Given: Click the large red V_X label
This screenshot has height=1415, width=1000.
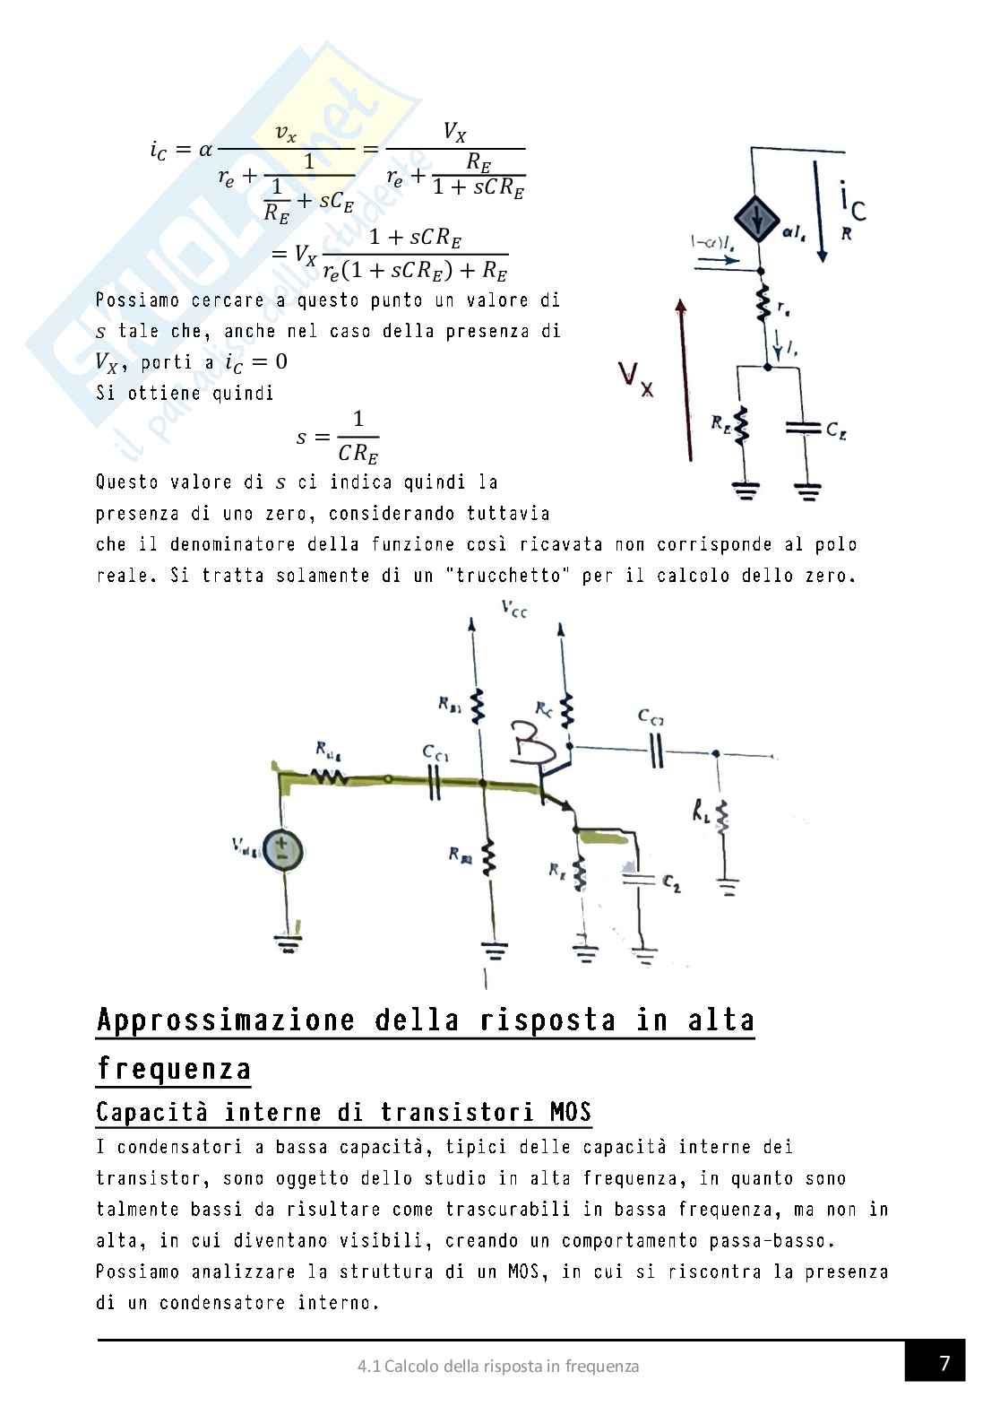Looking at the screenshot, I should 635,382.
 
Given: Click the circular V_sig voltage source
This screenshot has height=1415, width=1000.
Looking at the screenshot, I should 282,850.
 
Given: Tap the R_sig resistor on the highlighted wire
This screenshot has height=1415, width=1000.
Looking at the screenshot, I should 331,776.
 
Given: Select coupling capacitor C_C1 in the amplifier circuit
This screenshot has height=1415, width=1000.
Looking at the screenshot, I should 435,783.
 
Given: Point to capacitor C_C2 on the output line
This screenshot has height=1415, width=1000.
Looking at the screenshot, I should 658,750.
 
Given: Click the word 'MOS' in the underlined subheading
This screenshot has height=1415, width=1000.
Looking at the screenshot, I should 570,1114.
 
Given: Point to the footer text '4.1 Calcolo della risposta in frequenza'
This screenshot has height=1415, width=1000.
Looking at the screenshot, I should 498,1367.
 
